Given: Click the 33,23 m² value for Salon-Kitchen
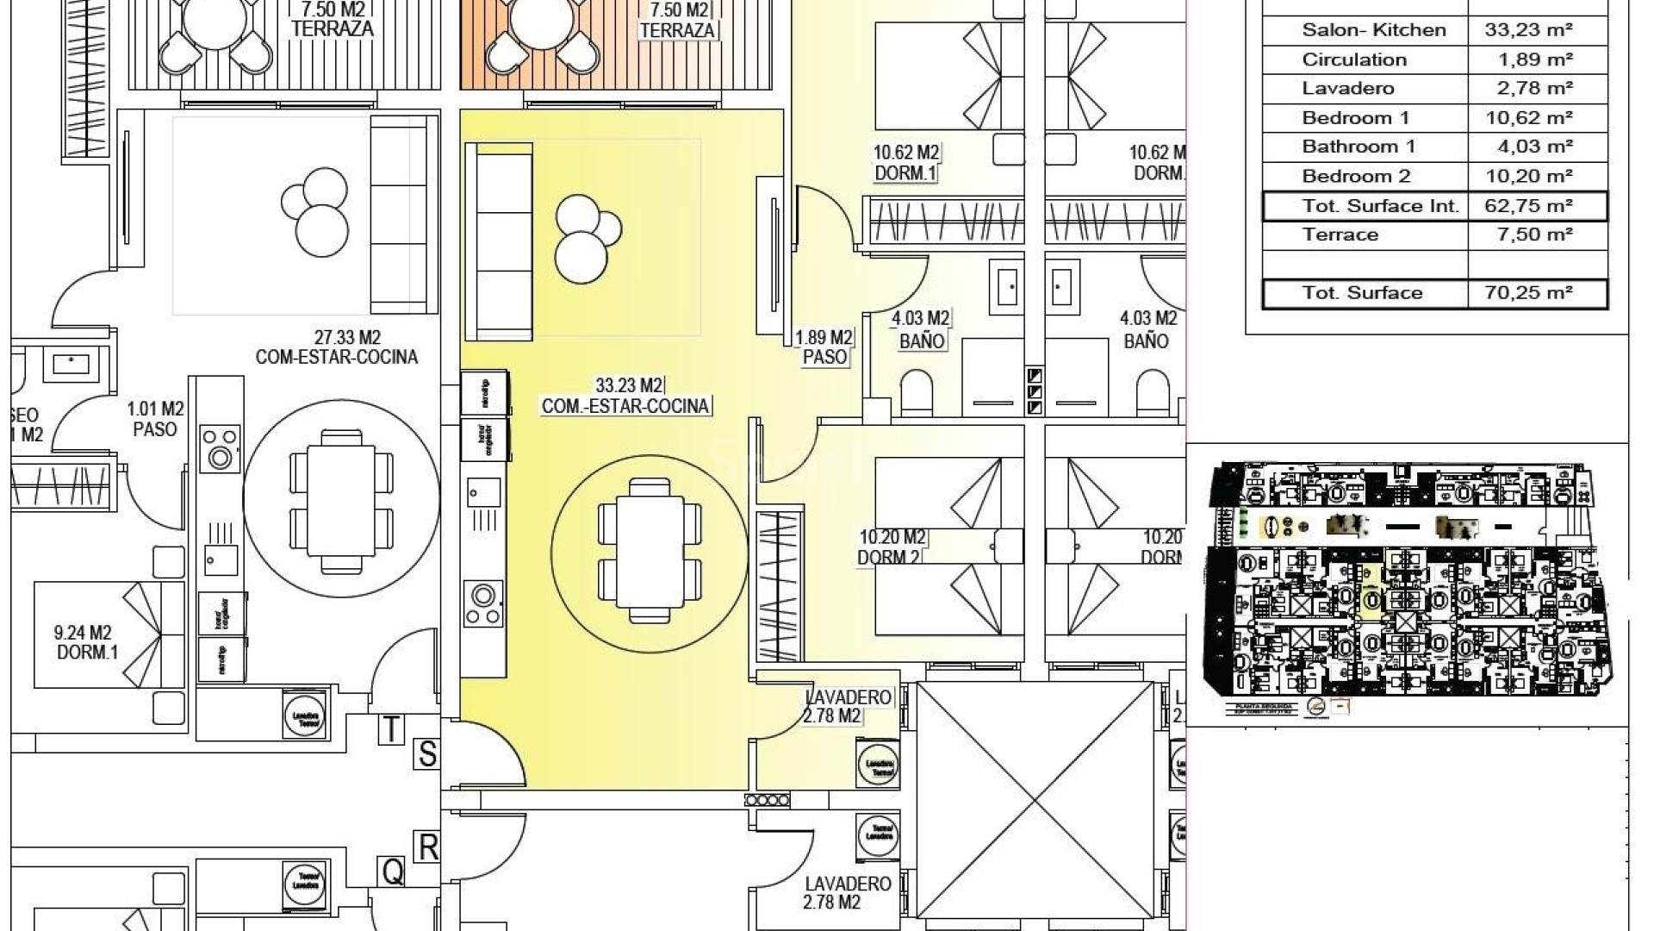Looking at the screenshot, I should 1529,29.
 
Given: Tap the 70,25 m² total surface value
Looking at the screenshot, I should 1529,293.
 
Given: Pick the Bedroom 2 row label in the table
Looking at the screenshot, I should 1356,177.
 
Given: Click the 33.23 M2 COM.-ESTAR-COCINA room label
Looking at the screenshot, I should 625,396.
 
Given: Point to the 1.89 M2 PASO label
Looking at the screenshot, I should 824,347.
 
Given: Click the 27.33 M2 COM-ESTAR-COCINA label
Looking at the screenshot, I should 336,347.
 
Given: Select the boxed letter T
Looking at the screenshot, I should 391,729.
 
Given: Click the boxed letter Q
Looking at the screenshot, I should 392,872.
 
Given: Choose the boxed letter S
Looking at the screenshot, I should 426,754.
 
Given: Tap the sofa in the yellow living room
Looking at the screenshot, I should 498,242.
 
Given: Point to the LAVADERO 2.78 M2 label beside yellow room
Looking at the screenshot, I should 848,706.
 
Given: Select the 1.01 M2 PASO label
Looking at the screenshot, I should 155,418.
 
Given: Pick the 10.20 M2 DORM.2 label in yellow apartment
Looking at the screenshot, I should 891,547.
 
